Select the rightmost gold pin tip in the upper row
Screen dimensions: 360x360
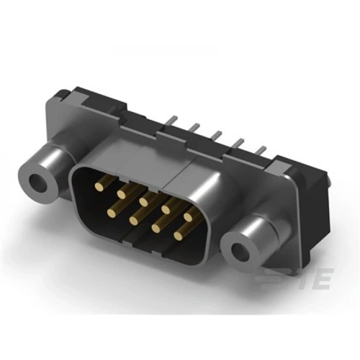tap(188, 217)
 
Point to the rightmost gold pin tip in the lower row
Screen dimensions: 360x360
tap(178, 236)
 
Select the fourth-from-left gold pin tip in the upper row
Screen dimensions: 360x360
tap(166, 208)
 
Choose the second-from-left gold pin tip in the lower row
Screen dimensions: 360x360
tap(133, 220)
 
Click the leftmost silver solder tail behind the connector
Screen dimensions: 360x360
tap(172, 119)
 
